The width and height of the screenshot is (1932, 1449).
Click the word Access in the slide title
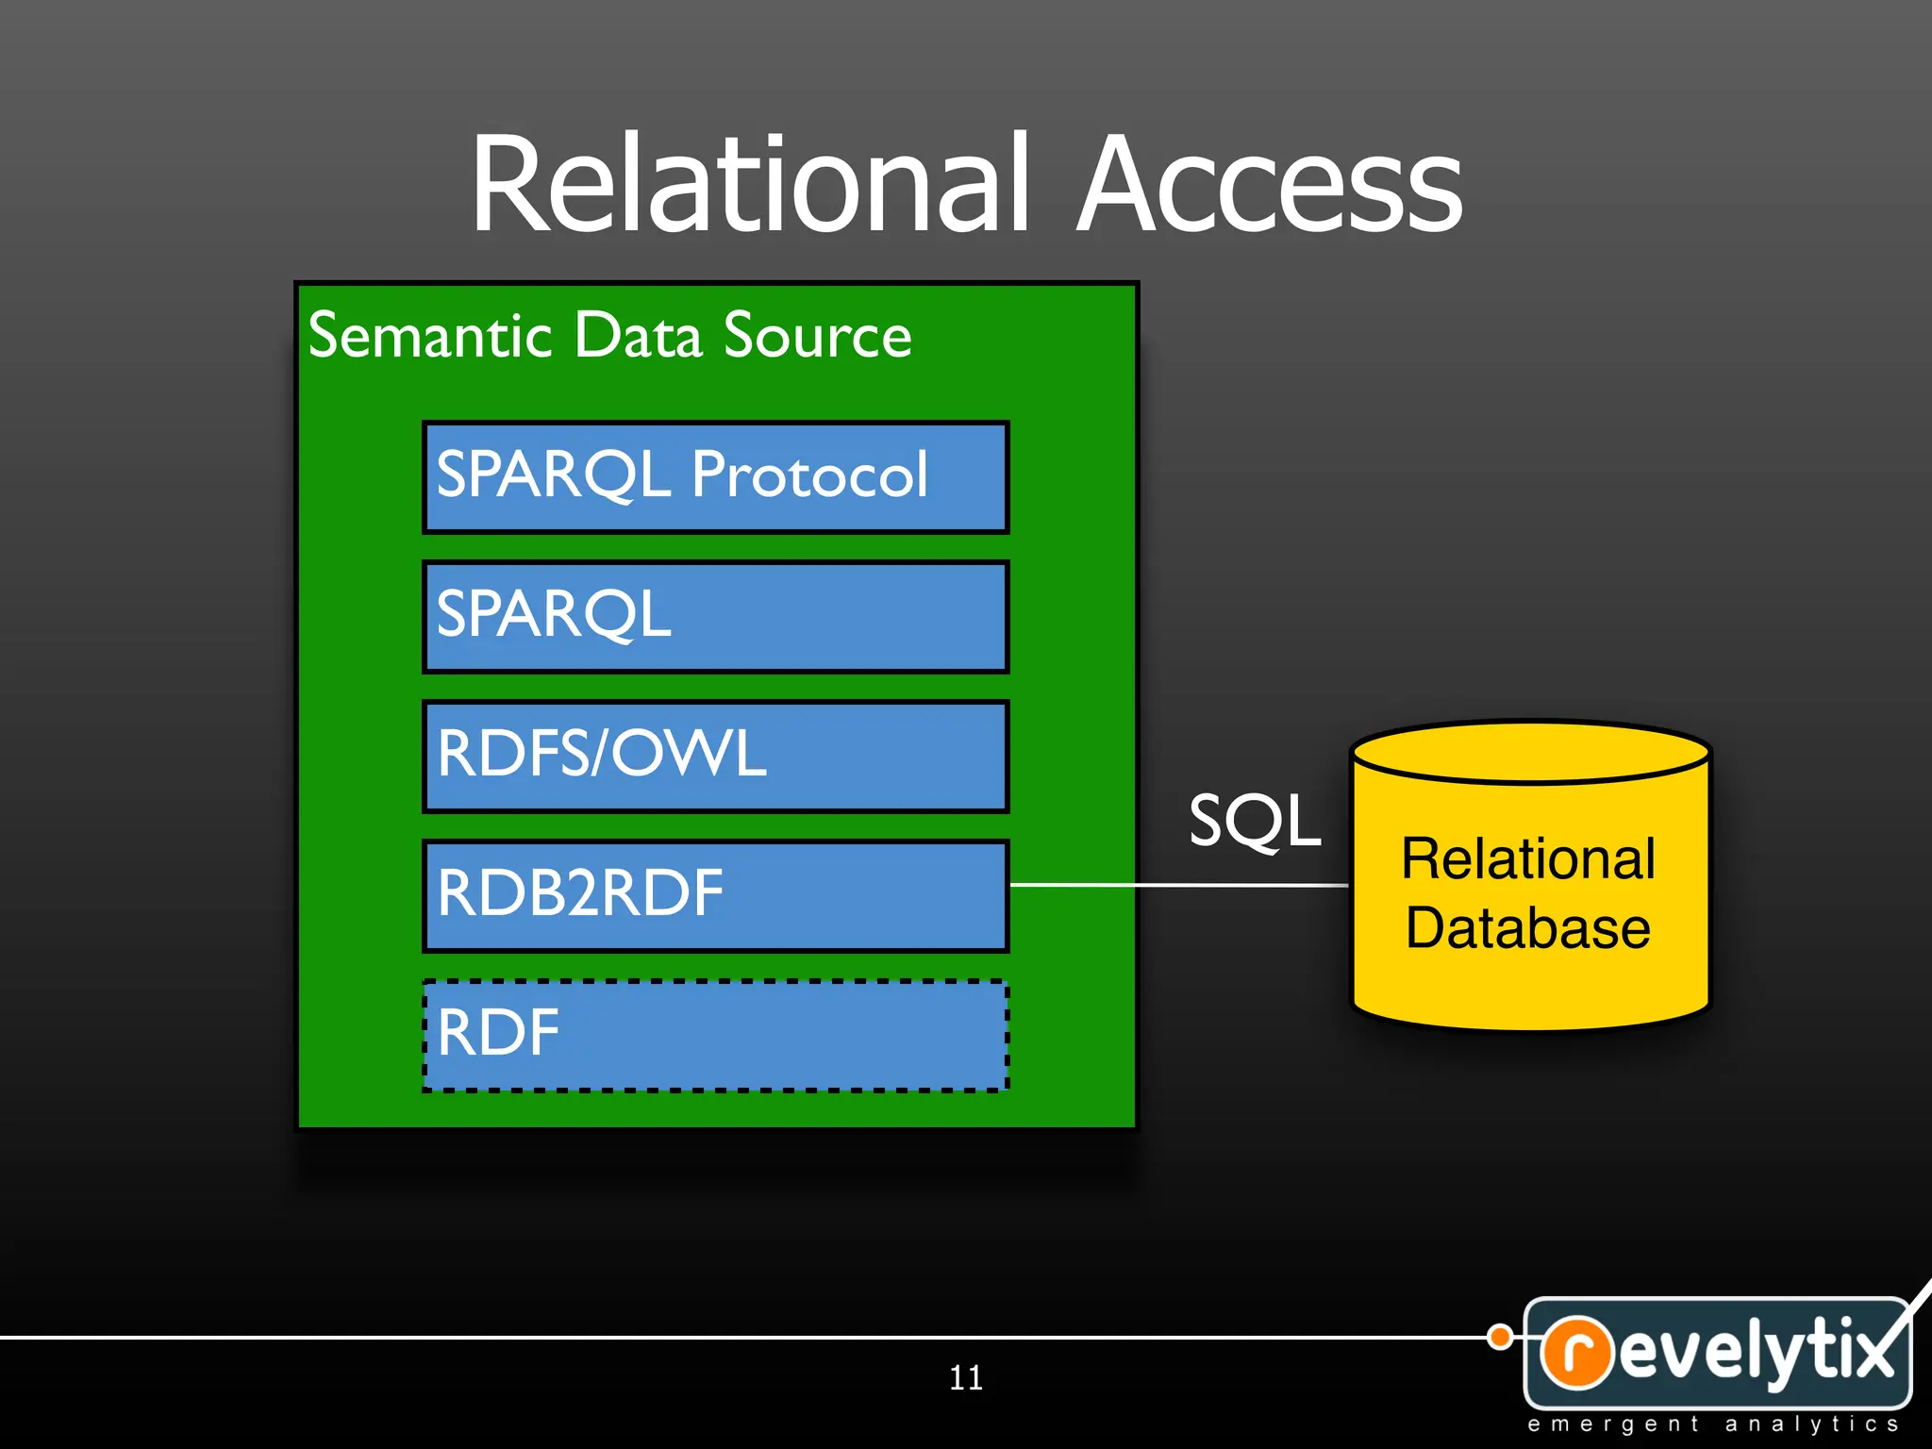click(x=1269, y=184)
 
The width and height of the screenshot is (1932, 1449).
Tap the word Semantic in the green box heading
click(x=429, y=336)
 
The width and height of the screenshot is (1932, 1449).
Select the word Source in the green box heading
click(x=817, y=336)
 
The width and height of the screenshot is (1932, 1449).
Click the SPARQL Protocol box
click(x=715, y=477)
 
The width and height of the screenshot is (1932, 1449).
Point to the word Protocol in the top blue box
click(x=809, y=475)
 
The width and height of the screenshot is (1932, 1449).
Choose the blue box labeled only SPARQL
click(x=715, y=617)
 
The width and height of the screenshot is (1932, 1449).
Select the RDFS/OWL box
click(x=715, y=757)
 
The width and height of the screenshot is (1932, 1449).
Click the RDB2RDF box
click(x=715, y=895)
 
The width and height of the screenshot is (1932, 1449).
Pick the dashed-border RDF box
click(x=715, y=1035)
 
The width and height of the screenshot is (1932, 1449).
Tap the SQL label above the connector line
click(x=1254, y=821)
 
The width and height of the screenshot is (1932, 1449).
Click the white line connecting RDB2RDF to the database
click(x=1179, y=885)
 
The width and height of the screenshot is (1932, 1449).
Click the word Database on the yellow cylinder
click(x=1527, y=928)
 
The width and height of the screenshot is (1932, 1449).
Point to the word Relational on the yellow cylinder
click(x=1527, y=859)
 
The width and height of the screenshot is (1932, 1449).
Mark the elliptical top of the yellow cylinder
click(x=1530, y=753)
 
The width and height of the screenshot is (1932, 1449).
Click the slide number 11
click(x=965, y=1378)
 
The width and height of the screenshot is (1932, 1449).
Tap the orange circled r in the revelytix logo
click(x=1576, y=1352)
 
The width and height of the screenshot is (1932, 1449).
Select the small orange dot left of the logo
click(x=1499, y=1337)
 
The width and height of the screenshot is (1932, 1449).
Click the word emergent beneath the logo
click(x=1612, y=1424)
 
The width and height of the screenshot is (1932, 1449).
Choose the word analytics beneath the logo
click(x=1810, y=1424)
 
